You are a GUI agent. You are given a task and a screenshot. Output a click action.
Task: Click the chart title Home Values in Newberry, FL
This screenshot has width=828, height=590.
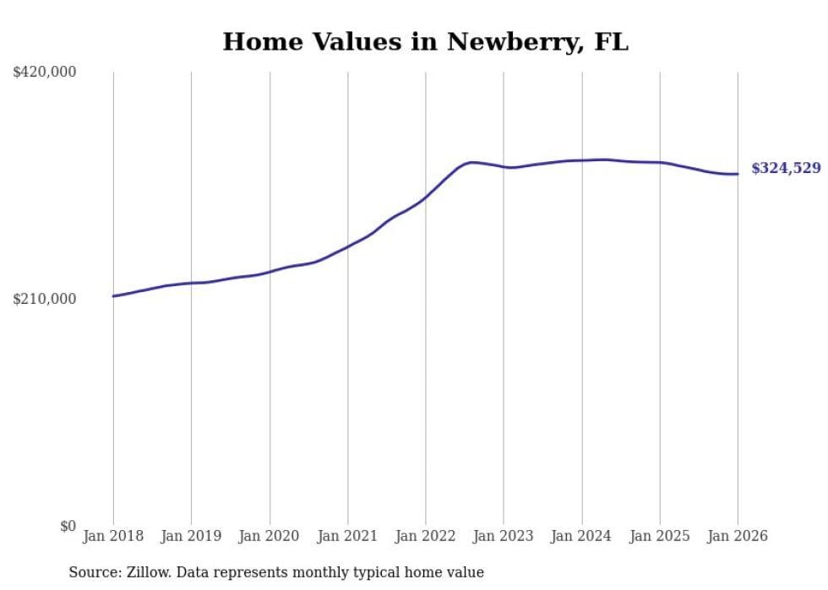[425, 41]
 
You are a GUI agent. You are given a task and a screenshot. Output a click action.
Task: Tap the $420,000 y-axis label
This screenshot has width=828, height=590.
[45, 73]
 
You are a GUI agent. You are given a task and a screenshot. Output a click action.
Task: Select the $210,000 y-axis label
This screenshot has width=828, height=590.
[45, 299]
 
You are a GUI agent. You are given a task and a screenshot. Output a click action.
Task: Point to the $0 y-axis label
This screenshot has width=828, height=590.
[68, 526]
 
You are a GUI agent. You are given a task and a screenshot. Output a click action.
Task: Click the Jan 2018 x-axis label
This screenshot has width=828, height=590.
[113, 536]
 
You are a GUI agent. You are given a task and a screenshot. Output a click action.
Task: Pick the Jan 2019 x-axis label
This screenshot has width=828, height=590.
[191, 536]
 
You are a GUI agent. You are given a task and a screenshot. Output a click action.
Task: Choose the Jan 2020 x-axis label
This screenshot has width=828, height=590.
[270, 536]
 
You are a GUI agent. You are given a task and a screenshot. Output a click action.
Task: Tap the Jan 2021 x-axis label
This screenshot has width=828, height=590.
[347, 536]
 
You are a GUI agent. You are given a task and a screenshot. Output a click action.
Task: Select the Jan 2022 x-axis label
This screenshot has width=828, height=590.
[426, 536]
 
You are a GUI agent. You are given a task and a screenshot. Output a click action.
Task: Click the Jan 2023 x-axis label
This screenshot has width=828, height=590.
[504, 536]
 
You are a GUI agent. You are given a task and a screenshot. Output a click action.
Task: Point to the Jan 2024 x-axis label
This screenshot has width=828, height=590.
[581, 536]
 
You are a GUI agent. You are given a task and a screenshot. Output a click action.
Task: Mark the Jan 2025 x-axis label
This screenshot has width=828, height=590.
[660, 536]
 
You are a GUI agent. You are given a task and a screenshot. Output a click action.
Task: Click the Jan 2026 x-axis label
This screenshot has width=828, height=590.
[738, 536]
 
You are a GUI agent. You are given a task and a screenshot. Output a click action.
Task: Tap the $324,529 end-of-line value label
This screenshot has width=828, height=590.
[786, 168]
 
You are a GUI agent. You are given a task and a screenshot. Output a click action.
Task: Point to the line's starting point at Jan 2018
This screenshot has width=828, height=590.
[113, 295]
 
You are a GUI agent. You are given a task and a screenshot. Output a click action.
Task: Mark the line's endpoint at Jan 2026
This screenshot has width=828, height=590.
[738, 174]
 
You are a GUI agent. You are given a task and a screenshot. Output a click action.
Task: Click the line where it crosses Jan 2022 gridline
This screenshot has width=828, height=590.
[426, 197]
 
